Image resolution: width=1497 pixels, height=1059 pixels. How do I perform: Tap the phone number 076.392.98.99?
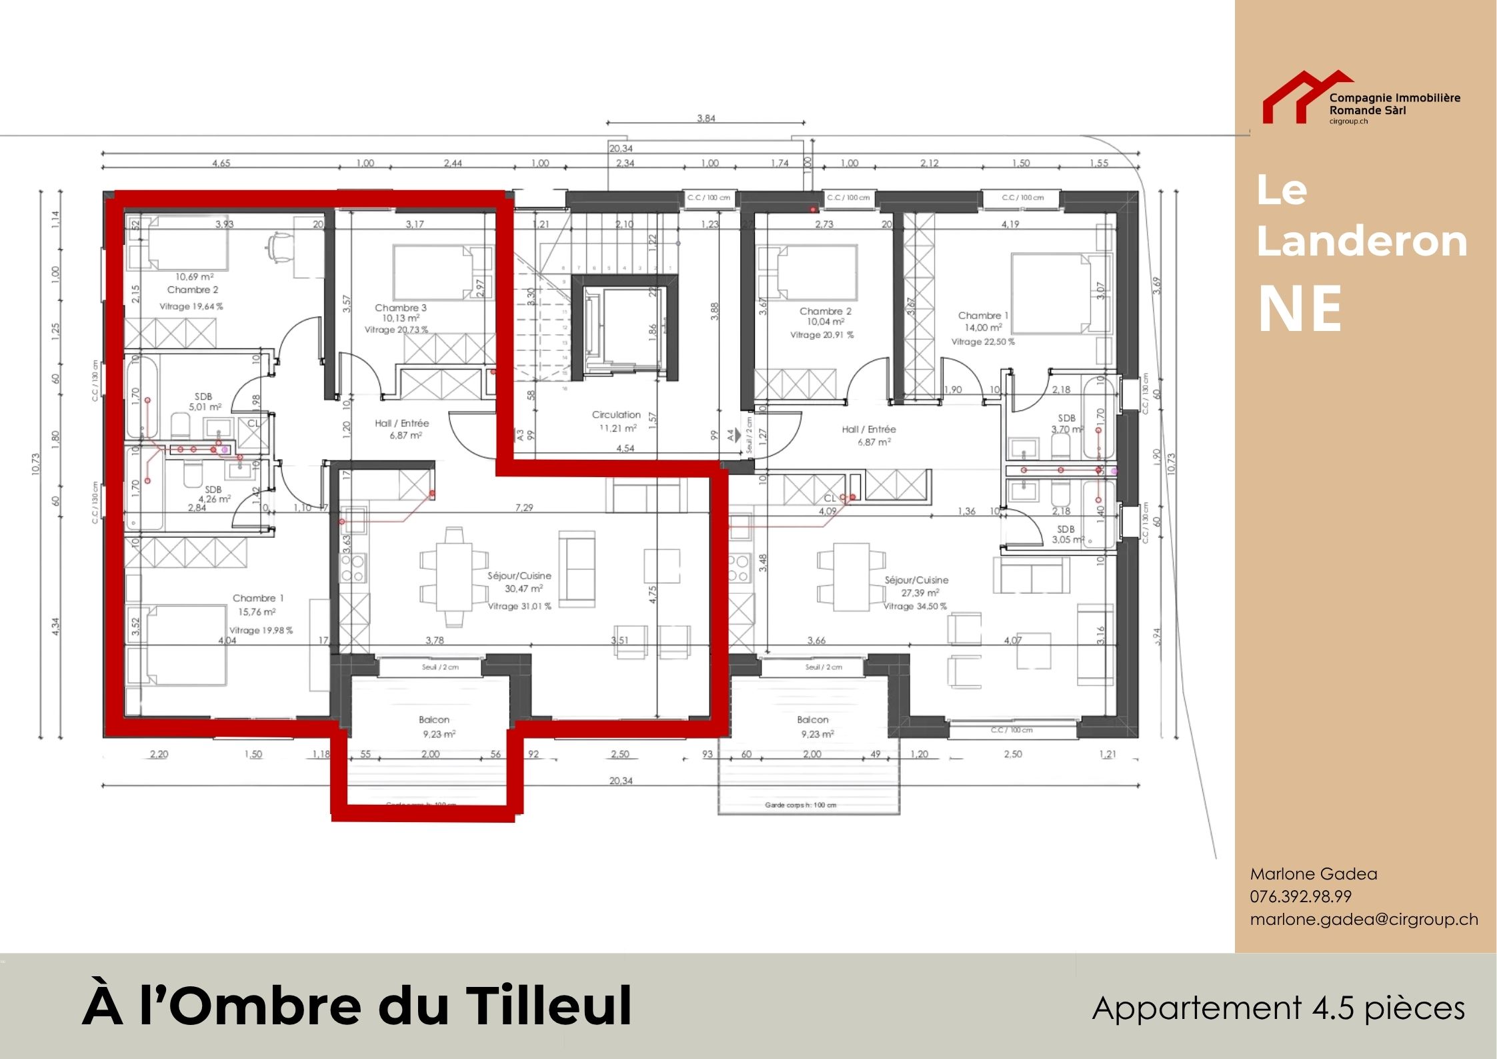(x=1300, y=896)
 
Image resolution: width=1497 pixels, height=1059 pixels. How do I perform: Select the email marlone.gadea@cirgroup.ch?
(x=1364, y=919)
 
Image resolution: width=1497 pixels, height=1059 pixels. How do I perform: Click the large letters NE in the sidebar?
(x=1299, y=308)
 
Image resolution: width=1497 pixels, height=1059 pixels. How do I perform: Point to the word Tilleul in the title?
(x=549, y=1006)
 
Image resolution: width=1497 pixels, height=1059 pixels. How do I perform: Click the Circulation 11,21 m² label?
(x=615, y=421)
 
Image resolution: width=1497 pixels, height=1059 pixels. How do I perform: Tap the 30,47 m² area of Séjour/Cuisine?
(x=523, y=589)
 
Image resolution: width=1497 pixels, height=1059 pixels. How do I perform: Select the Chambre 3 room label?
(x=400, y=308)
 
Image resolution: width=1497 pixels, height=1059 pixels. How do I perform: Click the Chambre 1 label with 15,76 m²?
(x=254, y=605)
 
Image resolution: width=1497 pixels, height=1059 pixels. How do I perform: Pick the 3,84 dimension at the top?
(x=705, y=118)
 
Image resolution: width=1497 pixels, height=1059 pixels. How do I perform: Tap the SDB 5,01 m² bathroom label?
(x=204, y=401)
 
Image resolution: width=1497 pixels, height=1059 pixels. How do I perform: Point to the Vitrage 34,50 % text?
(x=915, y=606)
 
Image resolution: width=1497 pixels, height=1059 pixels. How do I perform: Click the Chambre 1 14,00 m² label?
(x=983, y=321)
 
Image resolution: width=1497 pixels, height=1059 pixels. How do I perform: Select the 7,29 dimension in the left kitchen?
(x=524, y=508)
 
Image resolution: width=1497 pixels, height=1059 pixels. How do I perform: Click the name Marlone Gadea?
(x=1313, y=873)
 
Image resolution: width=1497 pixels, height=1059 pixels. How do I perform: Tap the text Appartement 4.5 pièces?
(x=1278, y=1008)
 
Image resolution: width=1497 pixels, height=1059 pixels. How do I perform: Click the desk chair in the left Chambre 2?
(x=280, y=246)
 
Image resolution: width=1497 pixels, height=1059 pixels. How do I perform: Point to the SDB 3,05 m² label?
(x=1066, y=534)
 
